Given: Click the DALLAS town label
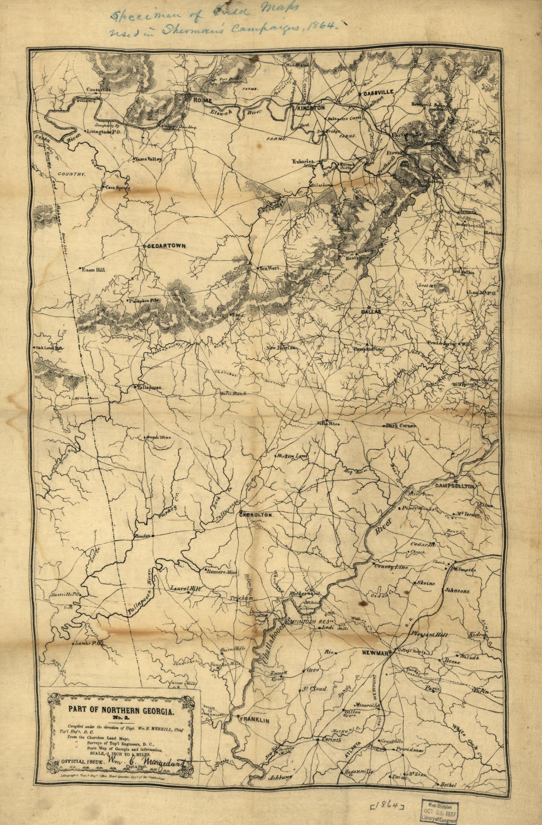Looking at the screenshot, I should pyautogui.click(x=371, y=312).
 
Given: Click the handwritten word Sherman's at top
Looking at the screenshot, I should pyautogui.click(x=206, y=29).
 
